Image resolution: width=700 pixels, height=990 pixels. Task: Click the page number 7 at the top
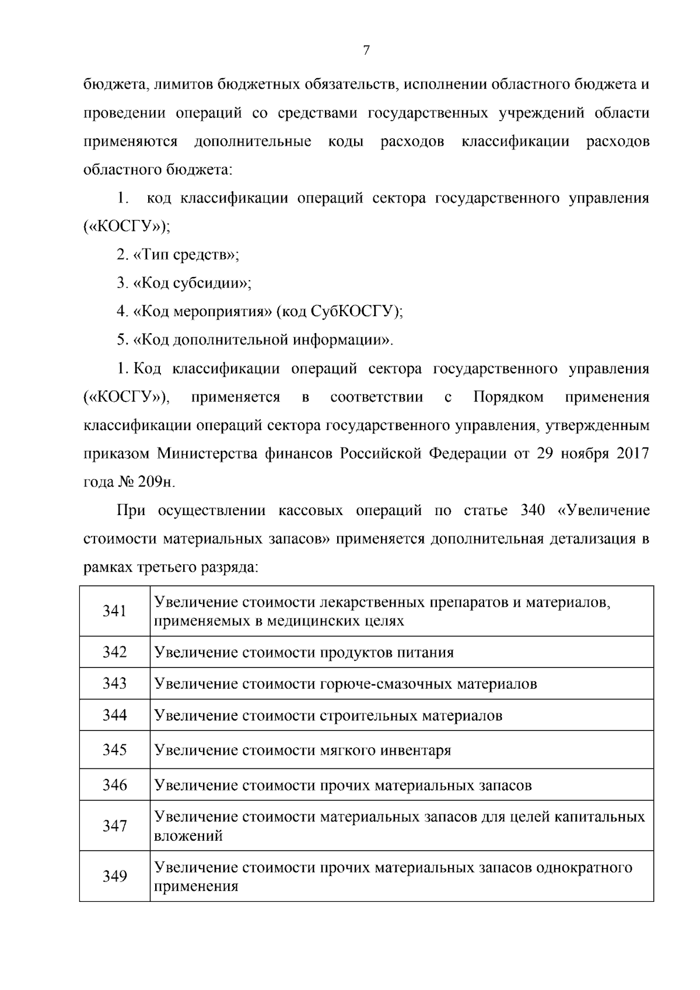[366, 51]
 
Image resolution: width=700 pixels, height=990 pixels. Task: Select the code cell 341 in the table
[114, 611]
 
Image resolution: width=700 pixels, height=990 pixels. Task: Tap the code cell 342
[114, 652]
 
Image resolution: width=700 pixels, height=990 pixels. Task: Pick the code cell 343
[114, 683]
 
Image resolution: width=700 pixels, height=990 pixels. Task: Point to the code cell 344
[114, 715]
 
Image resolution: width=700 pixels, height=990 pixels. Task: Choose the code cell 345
[114, 750]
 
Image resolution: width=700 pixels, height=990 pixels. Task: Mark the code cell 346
[114, 785]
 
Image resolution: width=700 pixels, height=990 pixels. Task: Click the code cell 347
[114, 825]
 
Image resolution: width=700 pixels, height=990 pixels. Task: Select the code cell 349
[114, 876]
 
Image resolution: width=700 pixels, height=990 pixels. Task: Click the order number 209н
[156, 482]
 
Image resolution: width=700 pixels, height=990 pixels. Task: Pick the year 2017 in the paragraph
[633, 454]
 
